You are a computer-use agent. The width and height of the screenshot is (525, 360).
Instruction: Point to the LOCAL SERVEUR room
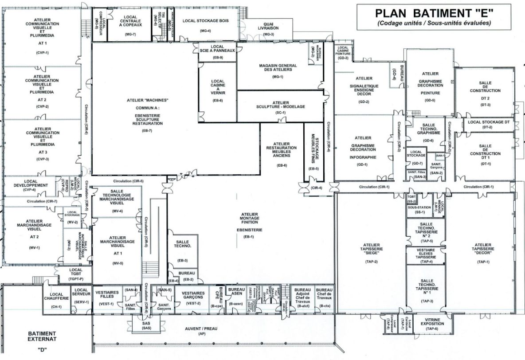click(82, 296)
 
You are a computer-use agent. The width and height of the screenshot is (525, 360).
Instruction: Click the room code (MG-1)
click(278, 77)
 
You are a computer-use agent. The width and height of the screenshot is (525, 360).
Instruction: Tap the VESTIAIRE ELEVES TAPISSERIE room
click(426, 256)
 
